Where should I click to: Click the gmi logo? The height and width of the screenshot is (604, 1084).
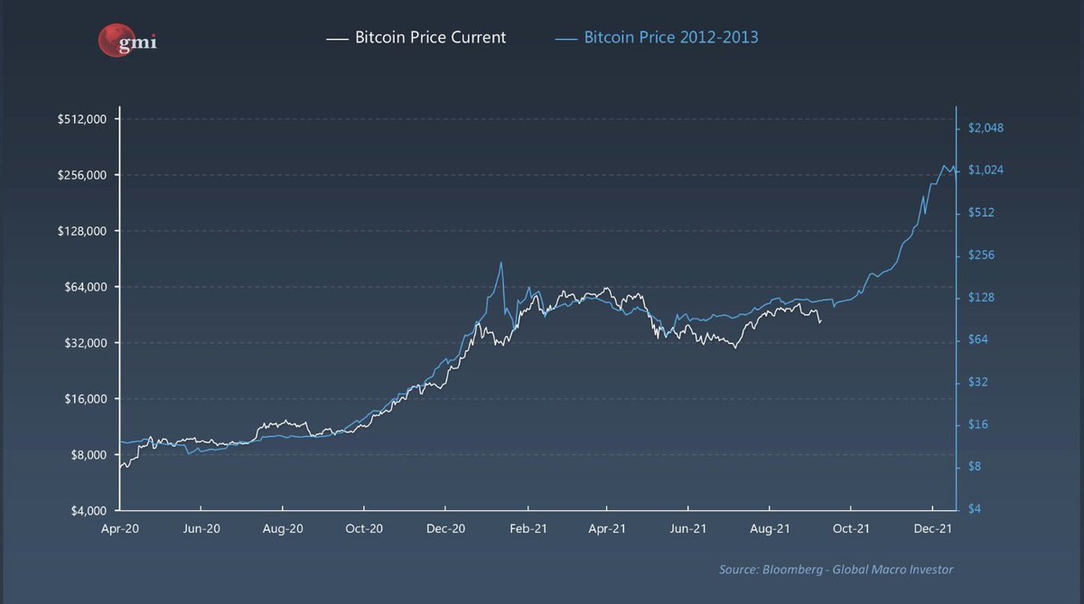[126, 39]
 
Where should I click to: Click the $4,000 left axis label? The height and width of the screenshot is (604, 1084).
[89, 511]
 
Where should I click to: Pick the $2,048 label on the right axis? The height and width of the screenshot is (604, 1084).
[986, 128]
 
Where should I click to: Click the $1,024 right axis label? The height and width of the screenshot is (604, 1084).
[986, 171]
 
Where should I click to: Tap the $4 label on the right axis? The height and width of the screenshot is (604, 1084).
[976, 509]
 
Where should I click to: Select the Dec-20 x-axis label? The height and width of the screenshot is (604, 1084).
[445, 528]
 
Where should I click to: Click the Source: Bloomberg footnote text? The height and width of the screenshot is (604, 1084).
[836, 569]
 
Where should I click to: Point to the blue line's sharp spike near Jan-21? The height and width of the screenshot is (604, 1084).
[501, 263]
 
